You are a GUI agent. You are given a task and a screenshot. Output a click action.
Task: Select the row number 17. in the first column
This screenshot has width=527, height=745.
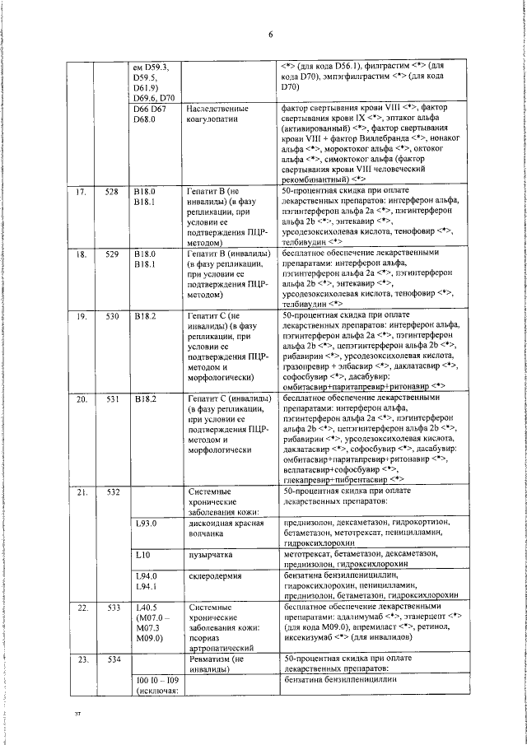(82, 191)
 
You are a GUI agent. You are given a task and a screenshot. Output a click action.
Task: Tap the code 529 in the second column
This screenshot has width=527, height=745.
(112, 254)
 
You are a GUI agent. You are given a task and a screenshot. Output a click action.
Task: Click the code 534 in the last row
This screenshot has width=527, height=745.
(112, 660)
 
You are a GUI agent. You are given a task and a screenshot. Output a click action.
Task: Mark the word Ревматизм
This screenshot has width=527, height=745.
(211, 660)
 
